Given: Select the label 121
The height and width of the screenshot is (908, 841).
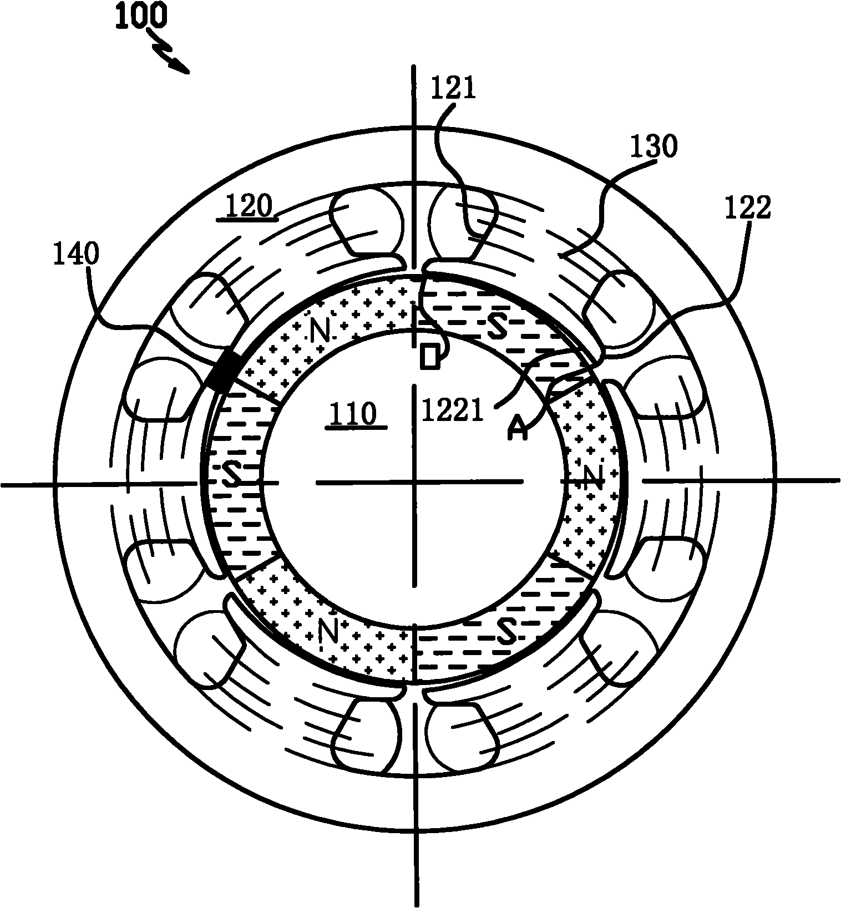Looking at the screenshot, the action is click(453, 89).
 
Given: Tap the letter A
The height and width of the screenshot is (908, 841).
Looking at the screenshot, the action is click(518, 429).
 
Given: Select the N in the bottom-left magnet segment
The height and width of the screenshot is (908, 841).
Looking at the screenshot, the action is click(329, 630).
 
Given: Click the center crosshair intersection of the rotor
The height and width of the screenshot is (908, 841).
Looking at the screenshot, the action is click(414, 483).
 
